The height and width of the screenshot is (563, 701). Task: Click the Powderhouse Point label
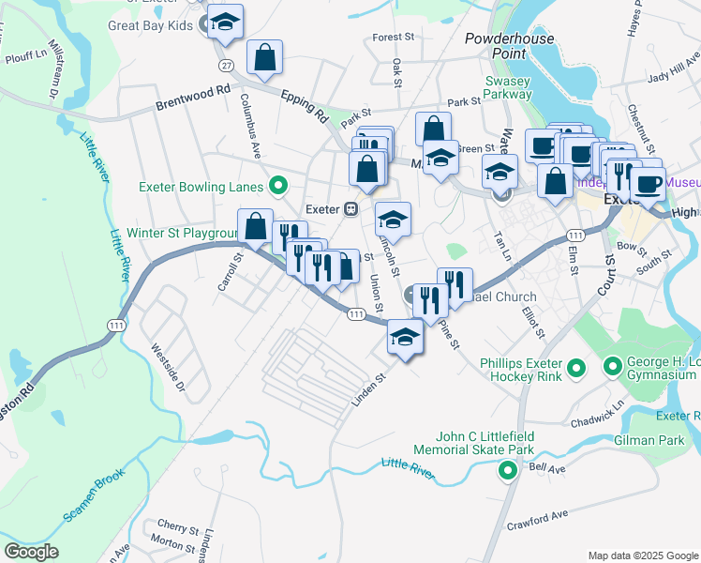[x=510, y=47]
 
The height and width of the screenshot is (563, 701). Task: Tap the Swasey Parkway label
[x=508, y=89]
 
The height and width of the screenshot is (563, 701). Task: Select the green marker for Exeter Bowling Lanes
[x=277, y=184]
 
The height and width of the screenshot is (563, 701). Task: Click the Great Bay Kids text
[x=150, y=25]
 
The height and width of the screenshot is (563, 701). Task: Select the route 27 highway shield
[x=226, y=66]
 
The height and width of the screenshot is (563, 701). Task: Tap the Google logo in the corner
[x=31, y=552]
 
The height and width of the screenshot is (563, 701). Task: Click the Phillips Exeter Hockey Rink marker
[x=576, y=367]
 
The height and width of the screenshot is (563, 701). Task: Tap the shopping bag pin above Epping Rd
[x=265, y=55]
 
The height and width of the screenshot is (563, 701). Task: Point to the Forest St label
[x=393, y=38]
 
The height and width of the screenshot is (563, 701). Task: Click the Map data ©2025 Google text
[x=642, y=555]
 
